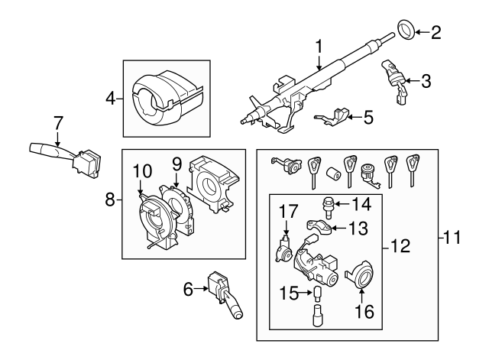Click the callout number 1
tap(319, 48)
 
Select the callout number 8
tap(110, 200)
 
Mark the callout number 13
tap(358, 229)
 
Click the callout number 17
tap(287, 210)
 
